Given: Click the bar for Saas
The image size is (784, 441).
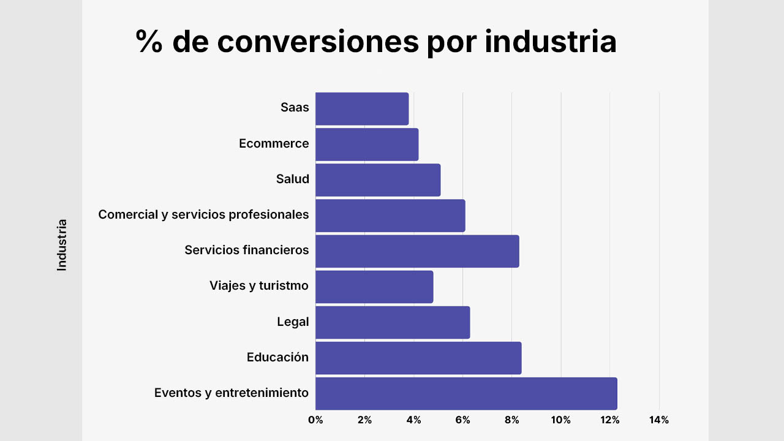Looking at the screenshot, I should click(362, 108).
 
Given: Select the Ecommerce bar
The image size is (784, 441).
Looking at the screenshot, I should click(367, 144).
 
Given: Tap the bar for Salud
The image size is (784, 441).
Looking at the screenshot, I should click(378, 179).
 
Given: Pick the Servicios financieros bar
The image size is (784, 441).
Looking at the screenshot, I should click(417, 251).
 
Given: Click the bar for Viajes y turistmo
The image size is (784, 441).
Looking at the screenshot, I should click(374, 286).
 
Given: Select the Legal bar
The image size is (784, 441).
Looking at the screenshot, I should click(393, 322).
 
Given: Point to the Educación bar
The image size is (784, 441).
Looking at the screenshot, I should click(418, 357).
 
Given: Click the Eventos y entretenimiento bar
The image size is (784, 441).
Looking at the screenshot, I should click(466, 393).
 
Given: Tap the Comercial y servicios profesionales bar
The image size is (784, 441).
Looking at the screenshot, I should click(390, 215).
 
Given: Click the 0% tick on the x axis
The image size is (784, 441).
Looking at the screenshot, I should click(315, 420).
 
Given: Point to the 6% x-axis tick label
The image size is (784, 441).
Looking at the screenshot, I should click(463, 420).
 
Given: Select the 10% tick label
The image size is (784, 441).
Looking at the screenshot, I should click(561, 420).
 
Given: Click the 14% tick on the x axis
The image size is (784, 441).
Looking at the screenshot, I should click(659, 420).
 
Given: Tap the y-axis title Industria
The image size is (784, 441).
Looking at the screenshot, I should click(62, 245).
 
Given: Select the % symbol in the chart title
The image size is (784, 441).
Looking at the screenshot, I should click(149, 42).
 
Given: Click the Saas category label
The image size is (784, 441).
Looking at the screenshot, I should click(295, 108).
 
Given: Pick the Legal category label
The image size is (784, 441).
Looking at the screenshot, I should click(293, 322).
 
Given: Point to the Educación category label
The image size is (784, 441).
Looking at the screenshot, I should click(277, 357).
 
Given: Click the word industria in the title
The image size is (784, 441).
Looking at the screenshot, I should click(551, 42).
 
